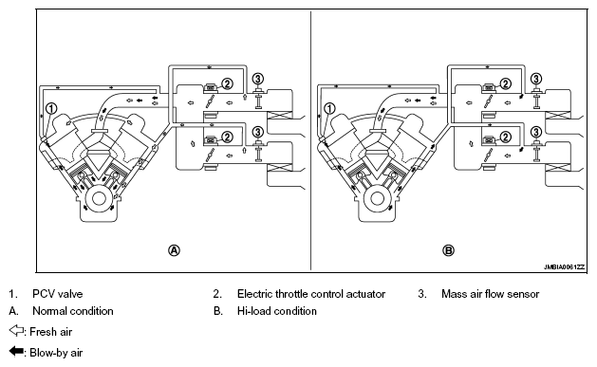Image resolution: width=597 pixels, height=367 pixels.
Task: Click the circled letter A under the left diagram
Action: point(174,250)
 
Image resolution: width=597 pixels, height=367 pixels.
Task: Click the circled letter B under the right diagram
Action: point(448,250)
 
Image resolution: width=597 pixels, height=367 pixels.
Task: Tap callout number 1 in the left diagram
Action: point(51,108)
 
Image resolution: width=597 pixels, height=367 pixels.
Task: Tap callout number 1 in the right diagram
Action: point(329,108)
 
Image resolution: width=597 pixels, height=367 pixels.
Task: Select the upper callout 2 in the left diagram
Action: point(227,83)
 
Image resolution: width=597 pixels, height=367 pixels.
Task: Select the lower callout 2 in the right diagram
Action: point(505,137)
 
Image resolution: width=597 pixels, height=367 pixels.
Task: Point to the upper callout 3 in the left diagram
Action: point(258,79)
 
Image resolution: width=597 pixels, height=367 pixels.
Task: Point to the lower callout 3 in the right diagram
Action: point(535,132)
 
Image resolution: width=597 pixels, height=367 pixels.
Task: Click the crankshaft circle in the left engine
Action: point(100,198)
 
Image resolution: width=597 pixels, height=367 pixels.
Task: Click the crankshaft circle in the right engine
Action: point(378,198)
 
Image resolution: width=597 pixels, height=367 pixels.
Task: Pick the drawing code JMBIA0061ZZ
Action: point(564,267)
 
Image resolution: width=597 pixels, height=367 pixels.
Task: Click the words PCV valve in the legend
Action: point(58,294)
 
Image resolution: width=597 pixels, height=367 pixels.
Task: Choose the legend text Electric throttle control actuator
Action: point(311,294)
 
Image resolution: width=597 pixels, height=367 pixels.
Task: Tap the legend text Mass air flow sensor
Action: point(491,294)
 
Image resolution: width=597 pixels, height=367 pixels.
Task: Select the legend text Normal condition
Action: point(73,311)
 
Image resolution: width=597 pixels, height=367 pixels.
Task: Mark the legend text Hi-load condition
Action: point(277,311)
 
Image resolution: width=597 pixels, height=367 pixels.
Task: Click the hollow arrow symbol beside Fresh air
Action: point(16,330)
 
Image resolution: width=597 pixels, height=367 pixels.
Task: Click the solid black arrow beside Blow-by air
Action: point(16,351)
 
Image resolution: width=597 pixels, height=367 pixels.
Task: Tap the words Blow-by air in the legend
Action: point(56,353)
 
